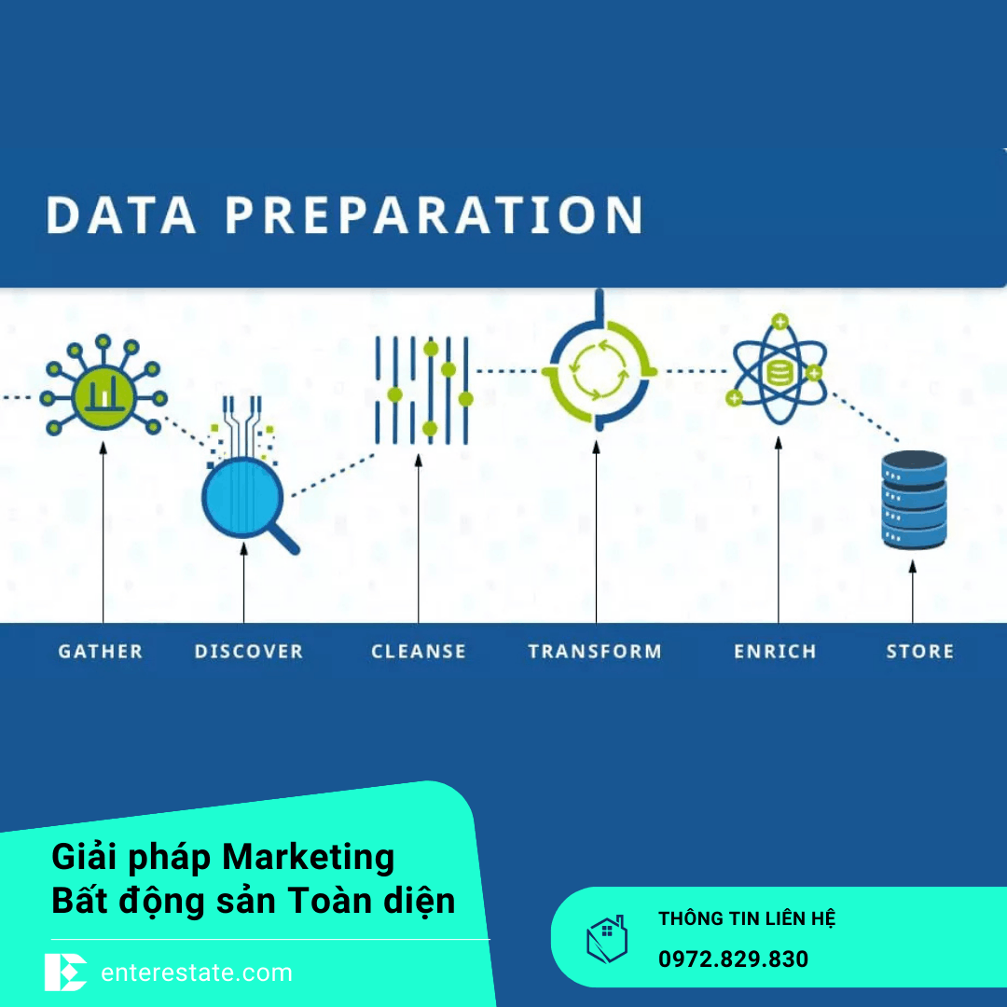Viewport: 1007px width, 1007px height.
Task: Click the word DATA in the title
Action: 121,215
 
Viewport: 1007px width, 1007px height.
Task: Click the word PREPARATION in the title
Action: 434,215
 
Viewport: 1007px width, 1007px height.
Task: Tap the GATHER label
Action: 101,652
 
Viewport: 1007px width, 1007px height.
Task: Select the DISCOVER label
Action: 249,652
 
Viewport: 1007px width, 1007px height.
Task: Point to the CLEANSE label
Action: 419,652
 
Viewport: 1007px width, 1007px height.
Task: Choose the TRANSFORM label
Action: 595,652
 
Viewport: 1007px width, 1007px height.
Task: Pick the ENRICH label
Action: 775,652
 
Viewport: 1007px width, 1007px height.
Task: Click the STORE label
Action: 919,652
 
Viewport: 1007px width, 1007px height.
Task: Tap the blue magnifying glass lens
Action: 241,499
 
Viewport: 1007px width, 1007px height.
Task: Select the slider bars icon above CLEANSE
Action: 421,389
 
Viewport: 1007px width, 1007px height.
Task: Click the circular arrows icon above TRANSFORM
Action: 598,372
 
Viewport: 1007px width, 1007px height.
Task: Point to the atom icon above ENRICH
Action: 778,374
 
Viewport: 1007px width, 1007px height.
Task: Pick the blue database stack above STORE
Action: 914,500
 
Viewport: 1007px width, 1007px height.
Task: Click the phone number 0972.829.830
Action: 733,959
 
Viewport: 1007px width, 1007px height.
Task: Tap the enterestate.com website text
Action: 196,973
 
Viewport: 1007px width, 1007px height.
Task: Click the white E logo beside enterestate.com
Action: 65,973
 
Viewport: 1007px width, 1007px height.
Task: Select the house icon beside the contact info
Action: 606,939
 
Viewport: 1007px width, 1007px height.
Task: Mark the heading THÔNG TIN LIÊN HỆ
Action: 747,918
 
